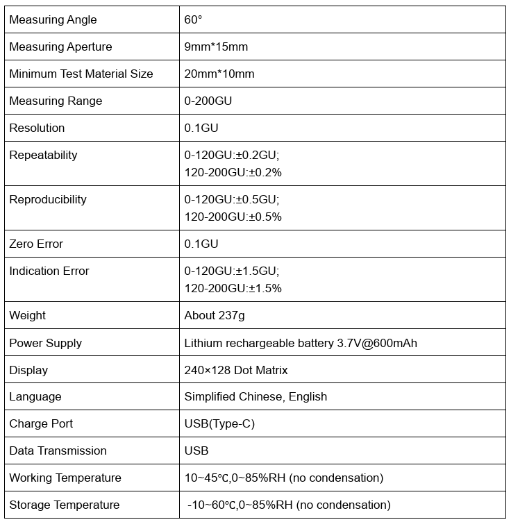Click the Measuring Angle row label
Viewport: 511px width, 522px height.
coord(53,19)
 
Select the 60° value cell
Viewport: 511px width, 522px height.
coord(193,19)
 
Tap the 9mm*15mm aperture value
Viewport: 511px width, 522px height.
coord(216,47)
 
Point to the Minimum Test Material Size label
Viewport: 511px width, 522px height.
coord(81,74)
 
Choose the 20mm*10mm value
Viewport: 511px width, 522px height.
coord(219,74)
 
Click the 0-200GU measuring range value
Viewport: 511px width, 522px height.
coord(208,101)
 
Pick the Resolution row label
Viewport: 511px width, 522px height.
coord(37,128)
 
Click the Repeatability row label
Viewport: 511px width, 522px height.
coord(43,155)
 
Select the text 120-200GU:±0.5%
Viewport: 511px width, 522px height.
coord(233,217)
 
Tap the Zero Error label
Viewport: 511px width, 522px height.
coord(36,244)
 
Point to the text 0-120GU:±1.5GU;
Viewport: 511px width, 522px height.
coord(232,271)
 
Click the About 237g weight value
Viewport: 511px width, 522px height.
coord(214,315)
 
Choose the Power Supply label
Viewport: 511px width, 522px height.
coord(45,343)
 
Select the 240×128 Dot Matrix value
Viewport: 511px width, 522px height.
coord(235,370)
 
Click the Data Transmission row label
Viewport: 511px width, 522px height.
coord(58,451)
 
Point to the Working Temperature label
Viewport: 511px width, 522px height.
coord(65,478)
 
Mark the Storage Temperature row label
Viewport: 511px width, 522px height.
coord(64,505)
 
